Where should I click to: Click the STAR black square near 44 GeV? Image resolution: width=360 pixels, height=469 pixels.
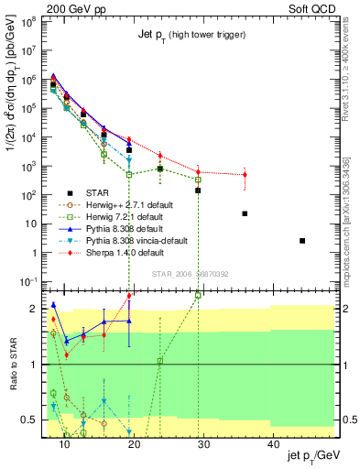pyautogui.click(x=302, y=241)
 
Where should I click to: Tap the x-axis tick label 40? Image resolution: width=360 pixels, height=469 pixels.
pyautogui.click(x=273, y=444)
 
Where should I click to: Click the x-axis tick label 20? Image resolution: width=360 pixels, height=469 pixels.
pyautogui.click(x=134, y=444)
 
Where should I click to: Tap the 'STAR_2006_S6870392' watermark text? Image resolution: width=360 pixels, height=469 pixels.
pyautogui.click(x=190, y=273)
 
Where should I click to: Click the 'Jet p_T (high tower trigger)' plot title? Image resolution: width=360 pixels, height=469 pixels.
pyautogui.click(x=191, y=34)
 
